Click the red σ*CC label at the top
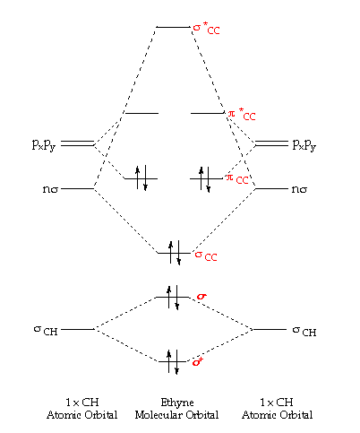pos(206,28)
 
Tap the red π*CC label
pos(242,114)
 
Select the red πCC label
pos(237,178)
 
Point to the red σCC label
pos(206,255)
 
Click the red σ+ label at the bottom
pos(198,361)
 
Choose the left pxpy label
pos(44,145)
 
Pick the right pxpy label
pos(304,145)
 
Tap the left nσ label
pos(50,189)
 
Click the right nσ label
pos(299,189)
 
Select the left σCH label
pos(46,330)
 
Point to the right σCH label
pos(304,331)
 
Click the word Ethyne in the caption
pos(177,403)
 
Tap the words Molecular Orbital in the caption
pos(176,415)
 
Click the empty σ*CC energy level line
pos(173,27)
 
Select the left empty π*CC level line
pos(141,113)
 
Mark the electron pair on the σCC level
pos(175,253)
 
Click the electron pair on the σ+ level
pos(173,361)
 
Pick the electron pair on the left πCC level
pos(141,178)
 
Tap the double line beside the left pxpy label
pos(78,143)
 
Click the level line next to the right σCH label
pos(270,329)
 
